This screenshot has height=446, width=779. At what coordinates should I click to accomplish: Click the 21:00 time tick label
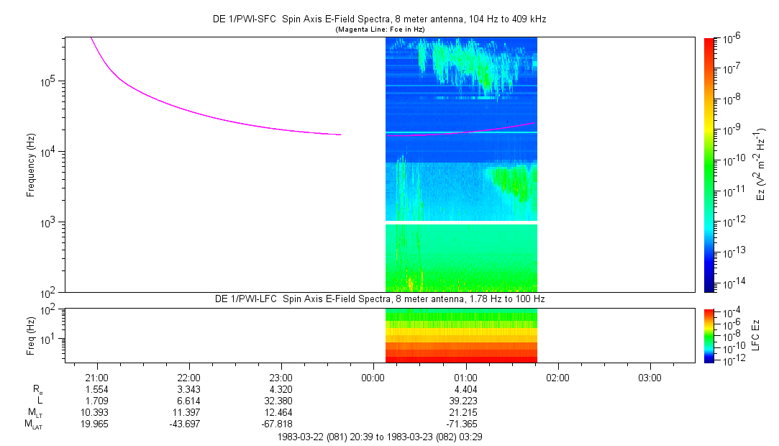coord(96,377)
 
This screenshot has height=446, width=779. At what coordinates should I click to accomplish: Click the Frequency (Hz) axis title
coord(31,165)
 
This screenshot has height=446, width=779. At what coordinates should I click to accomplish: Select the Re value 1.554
coord(96,388)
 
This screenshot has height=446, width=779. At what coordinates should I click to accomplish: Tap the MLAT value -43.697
coord(188,424)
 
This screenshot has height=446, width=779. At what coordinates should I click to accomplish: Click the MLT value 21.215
coord(465,412)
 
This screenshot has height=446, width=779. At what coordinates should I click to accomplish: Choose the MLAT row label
coord(34,424)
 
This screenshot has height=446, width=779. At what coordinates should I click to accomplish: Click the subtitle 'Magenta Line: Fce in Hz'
coord(381,29)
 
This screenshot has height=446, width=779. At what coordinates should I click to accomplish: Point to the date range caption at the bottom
coord(381,437)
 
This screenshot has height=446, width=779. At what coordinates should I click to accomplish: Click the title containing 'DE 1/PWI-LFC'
coord(381,299)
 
